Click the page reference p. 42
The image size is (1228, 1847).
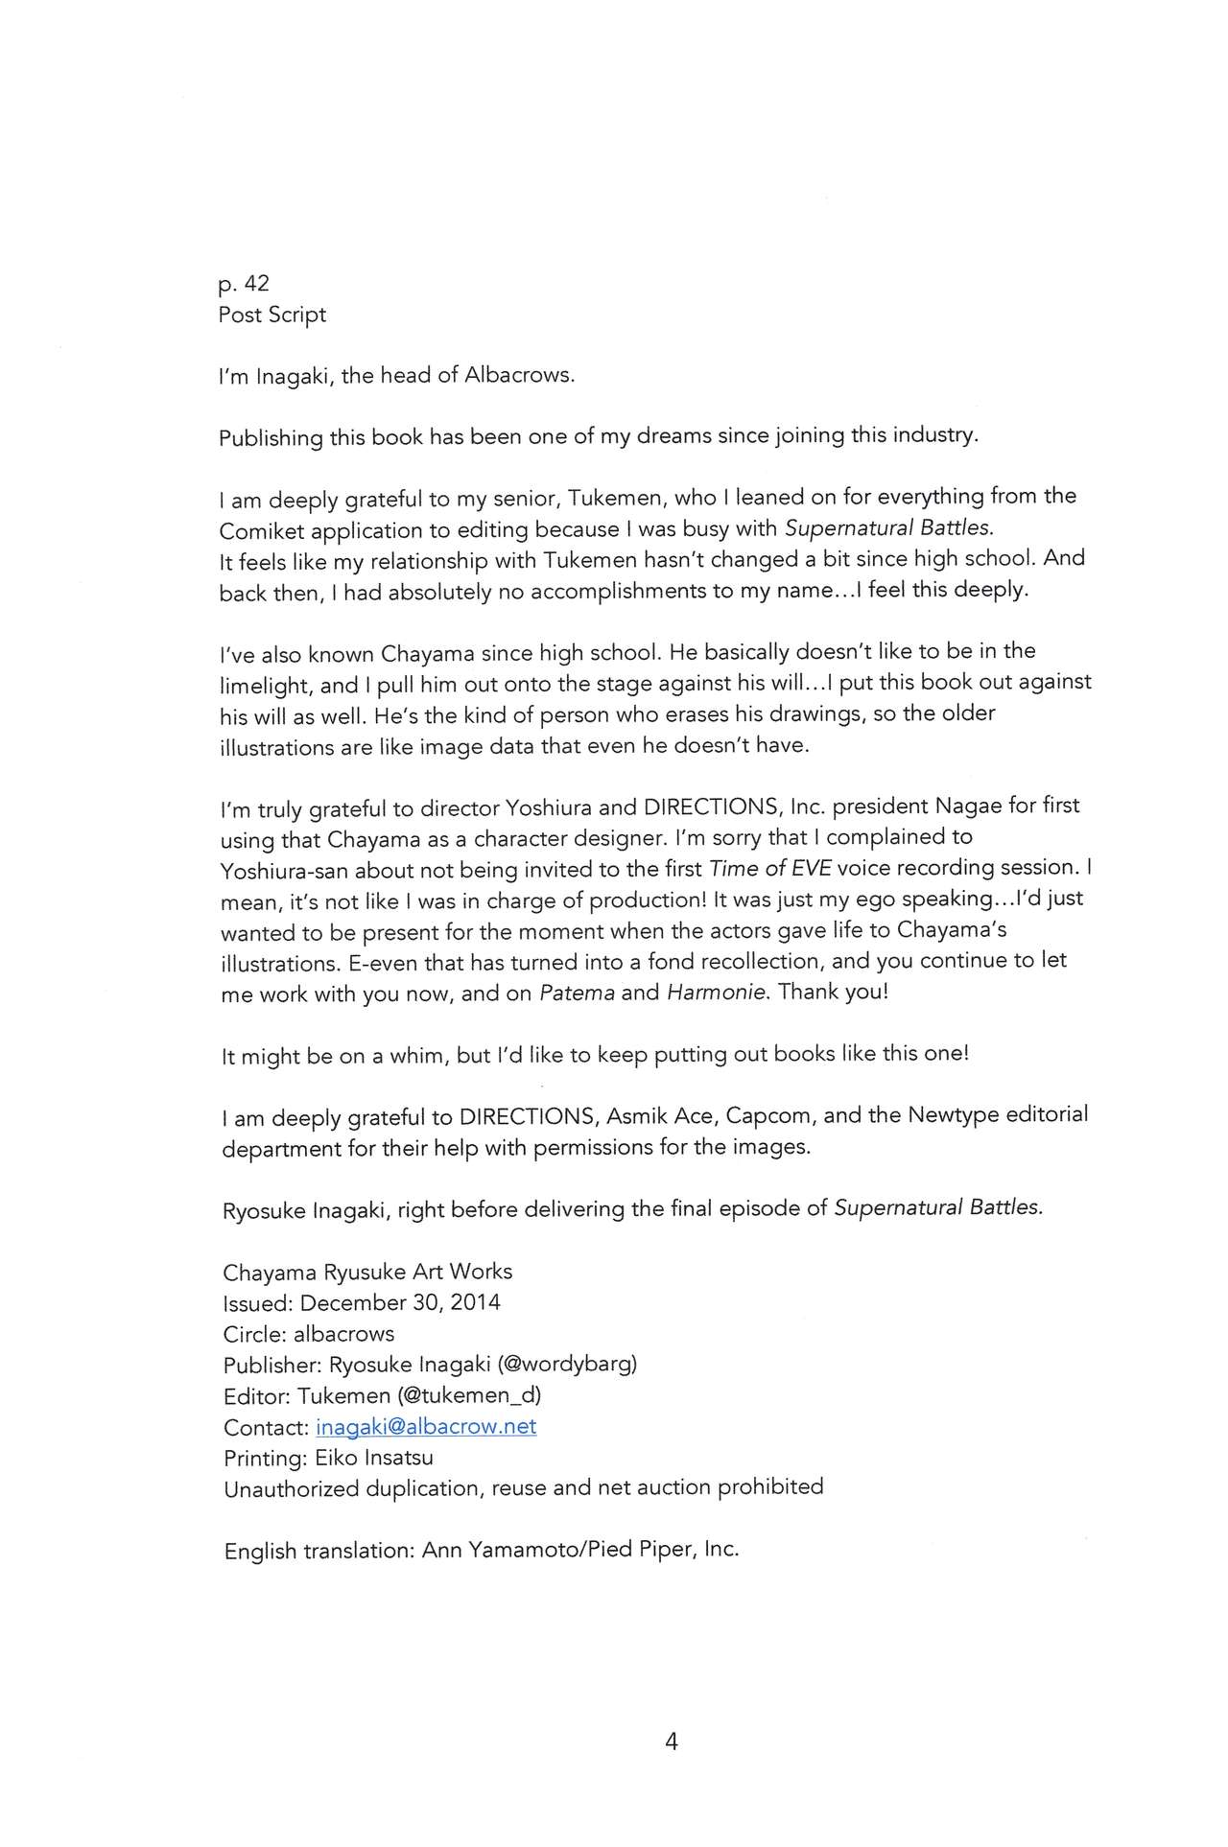244,284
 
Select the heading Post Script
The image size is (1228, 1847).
272,315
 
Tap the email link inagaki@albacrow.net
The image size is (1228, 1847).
425,1426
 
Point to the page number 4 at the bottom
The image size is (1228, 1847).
671,1742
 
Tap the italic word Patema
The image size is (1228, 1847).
577,993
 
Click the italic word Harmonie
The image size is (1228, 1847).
717,993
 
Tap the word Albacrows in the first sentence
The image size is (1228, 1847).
518,375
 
